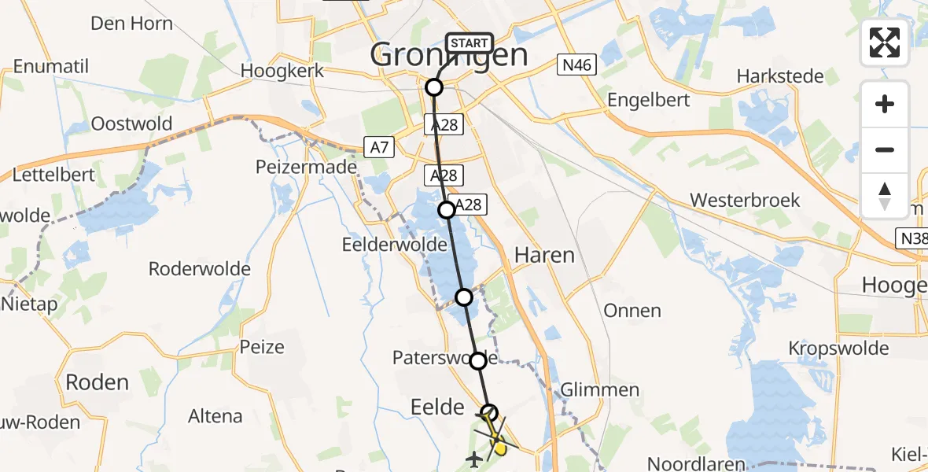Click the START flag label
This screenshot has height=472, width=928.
coord(470,42)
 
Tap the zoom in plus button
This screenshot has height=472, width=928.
coord(885,104)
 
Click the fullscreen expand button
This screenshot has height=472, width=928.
coord(885,42)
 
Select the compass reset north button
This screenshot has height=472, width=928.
coord(885,195)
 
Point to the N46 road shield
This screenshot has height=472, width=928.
coord(576,67)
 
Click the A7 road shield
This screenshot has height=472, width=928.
coord(377,146)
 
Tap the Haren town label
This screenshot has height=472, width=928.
coord(544,255)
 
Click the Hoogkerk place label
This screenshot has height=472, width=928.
coord(282,71)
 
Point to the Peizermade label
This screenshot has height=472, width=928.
coord(306,168)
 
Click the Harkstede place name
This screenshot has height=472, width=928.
coord(780,76)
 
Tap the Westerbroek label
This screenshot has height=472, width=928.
coord(745,200)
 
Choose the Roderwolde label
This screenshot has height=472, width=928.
coord(200,269)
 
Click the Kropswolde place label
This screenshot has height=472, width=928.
coord(838,348)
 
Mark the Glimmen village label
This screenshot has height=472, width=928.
coord(600,390)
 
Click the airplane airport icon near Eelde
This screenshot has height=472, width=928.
coord(474,459)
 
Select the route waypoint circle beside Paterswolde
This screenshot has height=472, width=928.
coord(478,361)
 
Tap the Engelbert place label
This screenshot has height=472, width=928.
coord(649,100)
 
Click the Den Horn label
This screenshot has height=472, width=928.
coord(131,24)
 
